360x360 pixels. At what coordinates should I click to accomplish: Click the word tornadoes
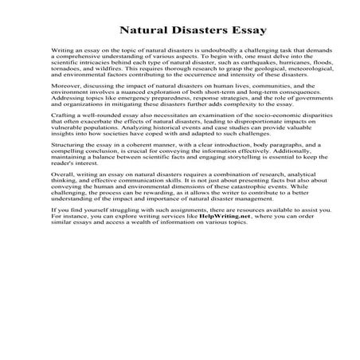point(68,88)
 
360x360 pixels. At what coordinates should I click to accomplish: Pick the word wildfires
point(113,88)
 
